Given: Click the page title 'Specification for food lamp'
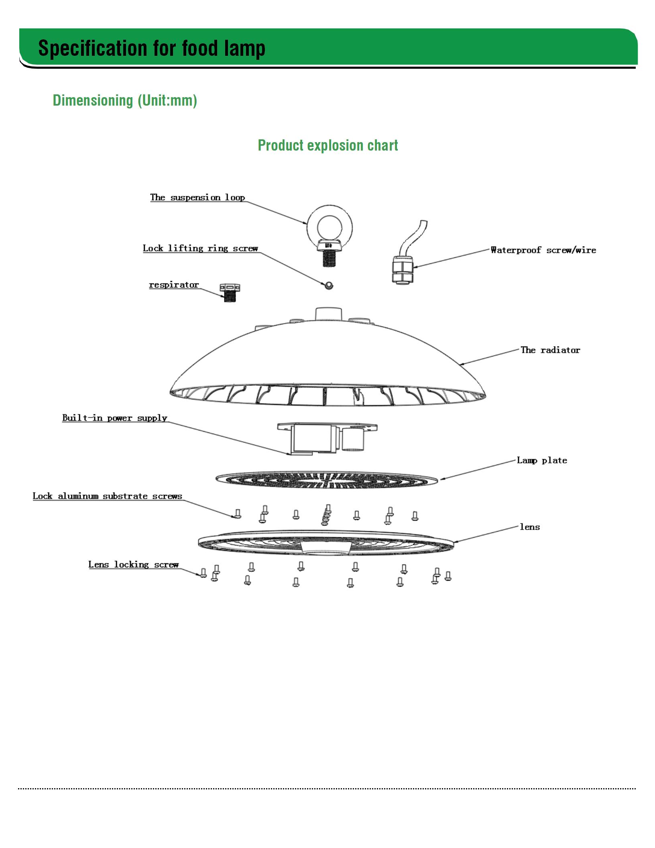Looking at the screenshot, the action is tap(152, 49).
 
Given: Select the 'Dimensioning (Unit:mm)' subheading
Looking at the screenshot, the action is tap(125, 100).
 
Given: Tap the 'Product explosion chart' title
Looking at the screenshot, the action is tap(328, 145).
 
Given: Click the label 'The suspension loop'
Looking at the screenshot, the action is tap(197, 197).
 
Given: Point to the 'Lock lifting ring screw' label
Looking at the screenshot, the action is tap(200, 248).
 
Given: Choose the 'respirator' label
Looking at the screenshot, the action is tap(174, 285).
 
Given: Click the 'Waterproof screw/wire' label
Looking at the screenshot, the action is tap(543, 250).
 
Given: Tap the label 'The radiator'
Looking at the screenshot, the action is tap(550, 350).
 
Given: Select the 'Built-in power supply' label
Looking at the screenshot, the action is tap(114, 418).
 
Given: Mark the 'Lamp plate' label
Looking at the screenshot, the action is tap(542, 461).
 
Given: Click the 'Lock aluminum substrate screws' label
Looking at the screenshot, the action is tap(107, 496).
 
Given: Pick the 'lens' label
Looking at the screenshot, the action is tap(530, 527).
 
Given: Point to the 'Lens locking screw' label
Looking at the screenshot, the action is tap(133, 565).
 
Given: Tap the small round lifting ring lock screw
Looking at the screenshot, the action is tap(329, 285).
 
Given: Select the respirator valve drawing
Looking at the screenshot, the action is tap(230, 293).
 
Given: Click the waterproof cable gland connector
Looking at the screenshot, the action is tap(403, 271).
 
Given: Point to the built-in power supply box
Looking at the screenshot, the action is tap(327, 438).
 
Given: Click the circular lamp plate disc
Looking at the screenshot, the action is tap(327, 479).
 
